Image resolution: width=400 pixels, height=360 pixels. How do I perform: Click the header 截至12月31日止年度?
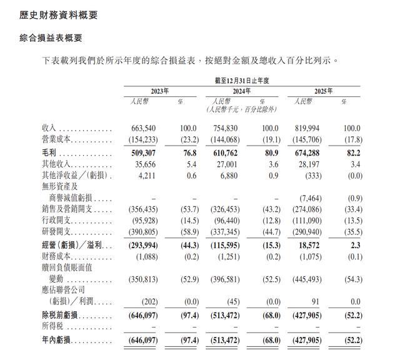241,81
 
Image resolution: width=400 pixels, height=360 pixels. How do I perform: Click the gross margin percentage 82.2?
352,152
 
